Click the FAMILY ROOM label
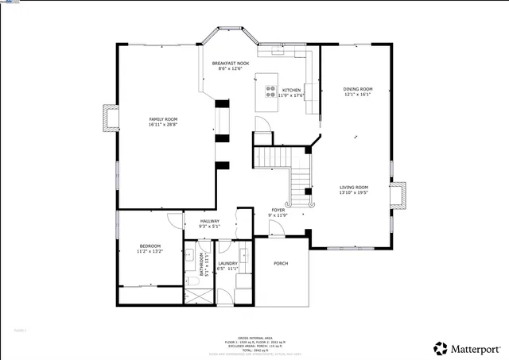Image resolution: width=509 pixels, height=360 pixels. (x=163, y=119)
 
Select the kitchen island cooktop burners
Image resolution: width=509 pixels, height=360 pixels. (x=270, y=91)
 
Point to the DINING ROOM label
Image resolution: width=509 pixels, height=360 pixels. (x=357, y=89)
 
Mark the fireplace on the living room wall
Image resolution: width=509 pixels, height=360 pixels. (x=398, y=195)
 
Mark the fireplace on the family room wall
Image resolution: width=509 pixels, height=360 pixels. (x=110, y=118)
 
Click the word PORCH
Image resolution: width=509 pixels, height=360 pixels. (x=281, y=263)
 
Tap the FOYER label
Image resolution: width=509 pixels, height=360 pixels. (x=278, y=210)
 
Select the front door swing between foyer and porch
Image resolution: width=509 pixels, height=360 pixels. (x=275, y=229)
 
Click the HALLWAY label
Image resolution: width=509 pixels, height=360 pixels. (x=209, y=223)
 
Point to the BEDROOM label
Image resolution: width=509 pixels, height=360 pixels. (x=150, y=246)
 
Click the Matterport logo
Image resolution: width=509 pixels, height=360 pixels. (x=468, y=348)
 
